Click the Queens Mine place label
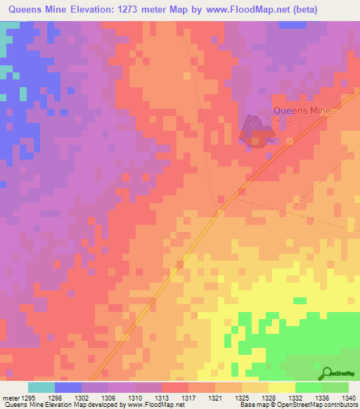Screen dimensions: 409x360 click(301, 110)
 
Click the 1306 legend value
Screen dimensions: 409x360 click(108, 397)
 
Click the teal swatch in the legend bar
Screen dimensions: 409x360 click(41, 387)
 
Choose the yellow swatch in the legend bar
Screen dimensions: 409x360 click(281, 387)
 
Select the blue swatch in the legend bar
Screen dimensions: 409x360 click(67, 387)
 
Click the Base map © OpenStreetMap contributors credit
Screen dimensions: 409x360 click(298, 405)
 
